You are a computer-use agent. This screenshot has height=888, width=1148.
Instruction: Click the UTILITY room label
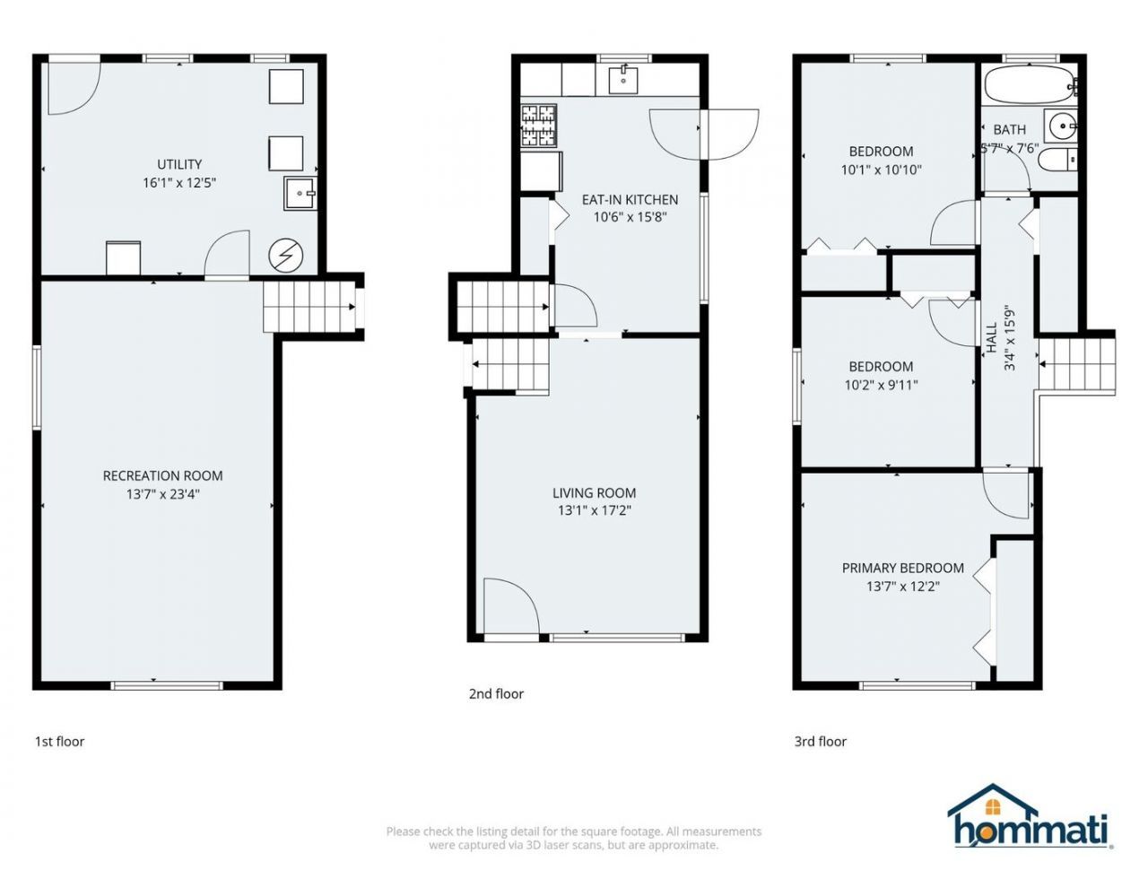[179, 164]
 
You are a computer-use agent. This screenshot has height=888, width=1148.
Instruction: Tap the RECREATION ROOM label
[162, 476]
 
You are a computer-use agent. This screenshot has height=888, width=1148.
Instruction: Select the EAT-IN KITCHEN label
[630, 200]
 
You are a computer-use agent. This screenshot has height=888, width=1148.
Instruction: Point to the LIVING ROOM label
[595, 492]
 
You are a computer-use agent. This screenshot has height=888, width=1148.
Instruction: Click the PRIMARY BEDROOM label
[903, 568]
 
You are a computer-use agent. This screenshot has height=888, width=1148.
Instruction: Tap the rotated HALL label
[992, 337]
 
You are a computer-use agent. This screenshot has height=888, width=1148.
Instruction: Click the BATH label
[1010, 129]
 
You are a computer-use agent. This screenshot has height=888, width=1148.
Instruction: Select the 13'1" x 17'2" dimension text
[595, 511]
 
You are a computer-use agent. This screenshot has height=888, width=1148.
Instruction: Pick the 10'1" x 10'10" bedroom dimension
[882, 170]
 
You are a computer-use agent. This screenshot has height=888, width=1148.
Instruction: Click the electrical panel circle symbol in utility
[286, 257]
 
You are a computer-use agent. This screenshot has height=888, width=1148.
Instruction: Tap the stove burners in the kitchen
[539, 126]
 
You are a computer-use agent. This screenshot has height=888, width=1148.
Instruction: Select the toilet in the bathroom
[1057, 160]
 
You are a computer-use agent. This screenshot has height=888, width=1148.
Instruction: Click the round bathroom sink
[1061, 126]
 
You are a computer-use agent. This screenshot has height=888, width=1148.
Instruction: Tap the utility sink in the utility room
[300, 194]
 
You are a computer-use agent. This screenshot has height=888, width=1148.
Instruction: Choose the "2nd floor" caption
[496, 693]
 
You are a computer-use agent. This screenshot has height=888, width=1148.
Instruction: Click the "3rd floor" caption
[821, 742]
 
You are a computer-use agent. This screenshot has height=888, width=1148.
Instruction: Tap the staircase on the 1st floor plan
[309, 307]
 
